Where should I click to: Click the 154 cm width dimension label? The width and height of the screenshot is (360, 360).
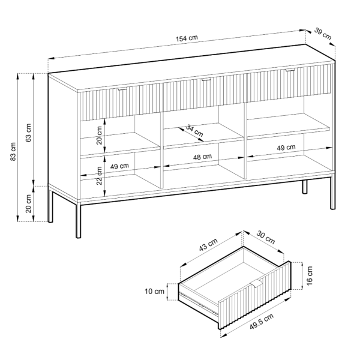pyautogui.click(x=187, y=38)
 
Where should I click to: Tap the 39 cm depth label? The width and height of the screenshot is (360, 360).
pyautogui.click(x=323, y=34)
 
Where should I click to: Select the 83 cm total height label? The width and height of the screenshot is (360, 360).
pyautogui.click(x=13, y=152)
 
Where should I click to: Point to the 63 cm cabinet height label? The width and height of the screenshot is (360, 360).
pyautogui.click(x=28, y=133)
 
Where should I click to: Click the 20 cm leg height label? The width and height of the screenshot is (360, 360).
pyautogui.click(x=28, y=203)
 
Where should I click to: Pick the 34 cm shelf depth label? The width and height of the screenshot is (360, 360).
pyautogui.click(x=194, y=130)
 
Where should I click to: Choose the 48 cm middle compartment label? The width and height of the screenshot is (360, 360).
pyautogui.click(x=202, y=157)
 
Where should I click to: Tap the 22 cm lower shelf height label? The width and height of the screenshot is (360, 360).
pyautogui.click(x=99, y=176)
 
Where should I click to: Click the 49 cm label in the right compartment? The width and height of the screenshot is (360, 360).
pyautogui.click(x=286, y=148)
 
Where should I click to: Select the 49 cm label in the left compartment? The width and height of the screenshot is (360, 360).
pyautogui.click(x=119, y=166)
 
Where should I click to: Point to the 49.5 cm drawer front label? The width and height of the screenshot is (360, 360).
pyautogui.click(x=262, y=321)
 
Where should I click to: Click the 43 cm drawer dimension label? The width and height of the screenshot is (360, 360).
pyautogui.click(x=208, y=245)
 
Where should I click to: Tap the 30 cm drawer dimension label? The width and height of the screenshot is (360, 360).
pyautogui.click(x=265, y=238)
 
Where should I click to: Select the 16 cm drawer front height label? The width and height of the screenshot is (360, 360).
pyautogui.click(x=310, y=275)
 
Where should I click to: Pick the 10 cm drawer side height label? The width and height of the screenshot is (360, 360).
pyautogui.click(x=154, y=292)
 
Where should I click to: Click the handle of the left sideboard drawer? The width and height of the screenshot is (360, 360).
pyautogui.click(x=122, y=88)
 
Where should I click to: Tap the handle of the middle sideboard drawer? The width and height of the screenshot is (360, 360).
pyautogui.click(x=206, y=79)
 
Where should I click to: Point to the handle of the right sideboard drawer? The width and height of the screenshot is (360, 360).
pyautogui.click(x=290, y=70)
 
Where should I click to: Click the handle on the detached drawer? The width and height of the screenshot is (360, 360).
pyautogui.click(x=257, y=283)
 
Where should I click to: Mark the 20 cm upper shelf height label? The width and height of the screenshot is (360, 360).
pyautogui.click(x=99, y=135)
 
